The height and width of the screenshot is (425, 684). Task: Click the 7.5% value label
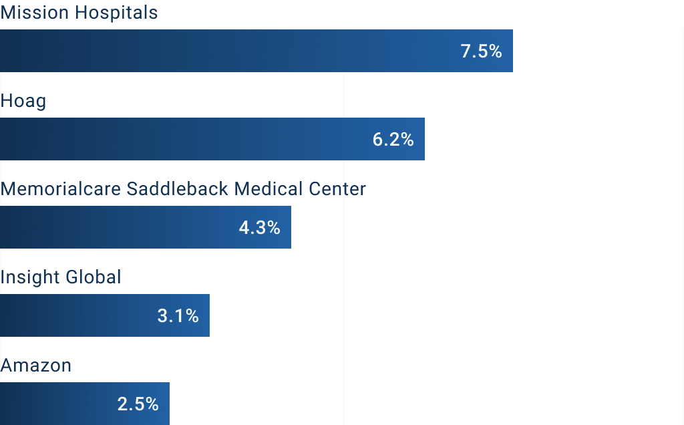point(481,51)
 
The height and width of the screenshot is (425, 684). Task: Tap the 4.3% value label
point(259,227)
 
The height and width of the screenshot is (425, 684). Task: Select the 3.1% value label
point(178,315)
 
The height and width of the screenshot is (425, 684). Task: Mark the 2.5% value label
point(138,404)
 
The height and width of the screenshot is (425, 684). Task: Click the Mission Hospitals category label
point(79,13)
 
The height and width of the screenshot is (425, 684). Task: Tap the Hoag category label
point(23,102)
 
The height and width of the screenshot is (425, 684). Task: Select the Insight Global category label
point(61,277)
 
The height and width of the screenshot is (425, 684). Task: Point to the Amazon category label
point(36,366)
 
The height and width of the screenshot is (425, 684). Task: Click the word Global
point(92,277)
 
